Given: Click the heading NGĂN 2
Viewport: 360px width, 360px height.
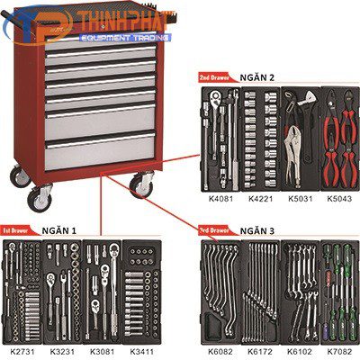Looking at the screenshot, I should pos(258,77).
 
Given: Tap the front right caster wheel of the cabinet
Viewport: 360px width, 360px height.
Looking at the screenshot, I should pos(141,187).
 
